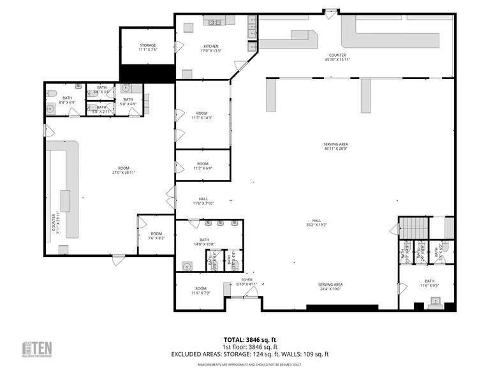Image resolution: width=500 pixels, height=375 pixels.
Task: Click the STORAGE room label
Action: coord(147,45)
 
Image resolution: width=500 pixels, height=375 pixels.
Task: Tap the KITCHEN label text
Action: coord(211,46)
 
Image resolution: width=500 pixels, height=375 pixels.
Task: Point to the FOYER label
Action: coord(247,280)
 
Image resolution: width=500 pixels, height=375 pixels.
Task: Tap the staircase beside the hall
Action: coord(413,226)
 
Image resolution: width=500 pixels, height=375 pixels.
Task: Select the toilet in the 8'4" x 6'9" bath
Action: coord(52,94)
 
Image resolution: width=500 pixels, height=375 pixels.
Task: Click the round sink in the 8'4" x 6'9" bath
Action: coord(50,109)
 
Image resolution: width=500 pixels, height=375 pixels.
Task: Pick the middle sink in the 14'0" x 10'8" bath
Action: coord(221,223)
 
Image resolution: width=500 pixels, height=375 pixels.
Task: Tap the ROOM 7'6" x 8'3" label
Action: coord(156,236)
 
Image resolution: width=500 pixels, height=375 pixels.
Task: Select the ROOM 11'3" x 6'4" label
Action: coord(202,166)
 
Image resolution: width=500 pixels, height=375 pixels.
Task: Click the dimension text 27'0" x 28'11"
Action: coord(123,172)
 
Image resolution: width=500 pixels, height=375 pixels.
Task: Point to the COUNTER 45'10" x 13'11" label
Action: coord(337,57)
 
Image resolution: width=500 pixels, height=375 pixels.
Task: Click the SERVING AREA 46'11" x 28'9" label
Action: coord(335,147)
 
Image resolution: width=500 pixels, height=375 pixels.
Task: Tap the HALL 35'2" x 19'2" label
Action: coord(316,223)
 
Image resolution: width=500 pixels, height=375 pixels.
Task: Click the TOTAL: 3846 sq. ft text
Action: coord(249,339)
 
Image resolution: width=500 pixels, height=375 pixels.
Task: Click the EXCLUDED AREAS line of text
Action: coord(249,354)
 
